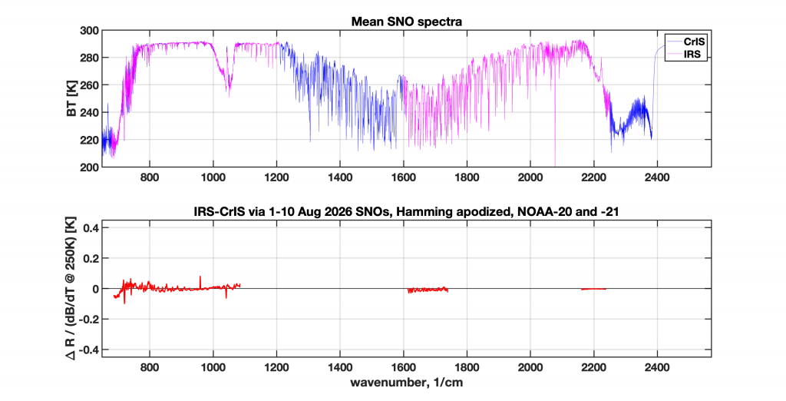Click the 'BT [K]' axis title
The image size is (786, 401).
[x=71, y=99]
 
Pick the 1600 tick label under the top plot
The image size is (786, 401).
[x=404, y=177]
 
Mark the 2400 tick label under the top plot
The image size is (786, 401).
[x=657, y=177]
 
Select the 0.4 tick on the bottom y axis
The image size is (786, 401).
[x=90, y=228]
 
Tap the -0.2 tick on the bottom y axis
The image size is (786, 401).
[x=88, y=320]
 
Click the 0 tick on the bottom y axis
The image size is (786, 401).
[x=94, y=289]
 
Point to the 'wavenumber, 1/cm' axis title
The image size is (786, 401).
[x=406, y=383]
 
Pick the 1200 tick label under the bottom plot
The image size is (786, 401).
[x=276, y=368]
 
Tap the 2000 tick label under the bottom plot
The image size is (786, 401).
[x=530, y=368]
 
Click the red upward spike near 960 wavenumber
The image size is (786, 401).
[x=200, y=283]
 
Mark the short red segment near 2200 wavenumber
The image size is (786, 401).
[x=593, y=289]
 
